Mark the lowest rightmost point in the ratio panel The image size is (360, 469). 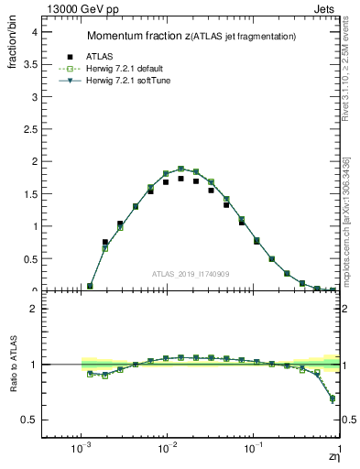[333, 398]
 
